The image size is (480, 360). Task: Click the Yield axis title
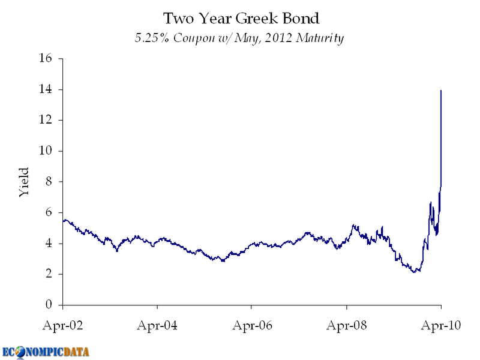coord(23,182)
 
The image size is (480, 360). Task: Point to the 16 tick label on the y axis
coord(47,59)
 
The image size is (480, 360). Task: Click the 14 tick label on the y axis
coord(47,89)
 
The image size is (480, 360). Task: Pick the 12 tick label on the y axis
coord(47,120)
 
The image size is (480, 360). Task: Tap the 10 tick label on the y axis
coord(47,151)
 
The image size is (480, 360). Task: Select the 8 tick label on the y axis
coord(50,182)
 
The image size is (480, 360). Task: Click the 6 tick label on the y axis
coord(50,212)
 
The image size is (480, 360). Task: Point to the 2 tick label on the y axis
coord(50,274)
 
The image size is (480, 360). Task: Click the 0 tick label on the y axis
coord(50,305)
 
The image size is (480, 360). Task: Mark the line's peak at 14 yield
coord(442,91)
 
